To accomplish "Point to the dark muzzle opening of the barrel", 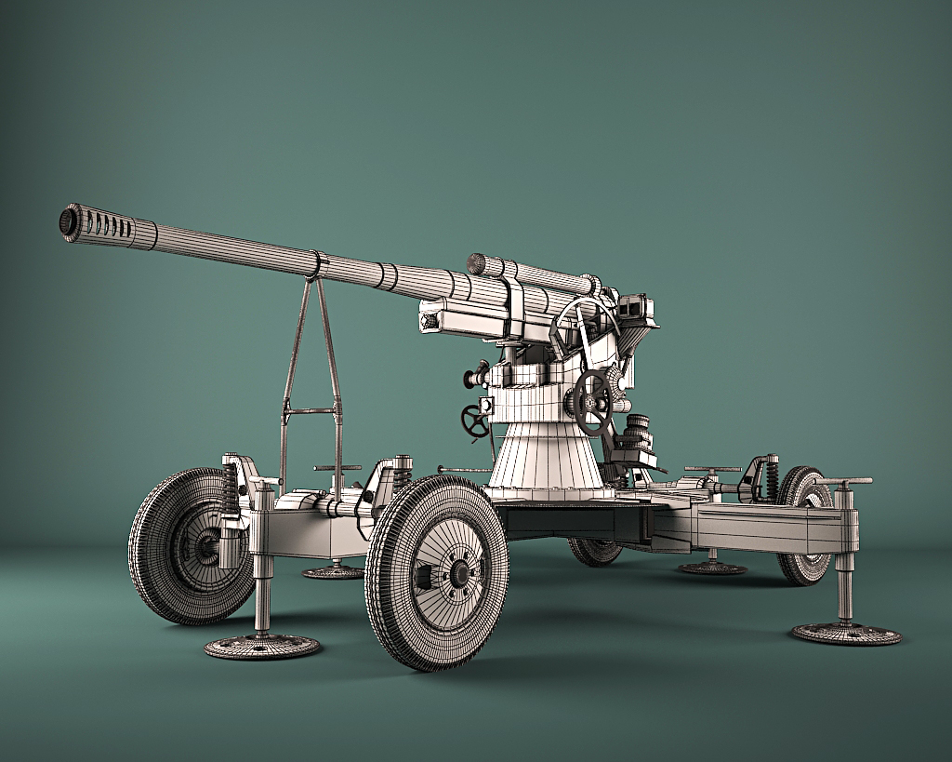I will tap(67, 221).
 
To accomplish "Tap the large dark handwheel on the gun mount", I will tap(591, 402).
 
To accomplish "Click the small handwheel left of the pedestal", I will tap(475, 421).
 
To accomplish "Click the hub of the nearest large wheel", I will tap(458, 573).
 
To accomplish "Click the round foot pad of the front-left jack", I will tap(262, 646).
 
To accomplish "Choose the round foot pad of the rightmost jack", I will tap(846, 634).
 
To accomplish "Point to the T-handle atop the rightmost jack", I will tap(843, 482).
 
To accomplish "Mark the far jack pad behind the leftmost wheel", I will tap(334, 571).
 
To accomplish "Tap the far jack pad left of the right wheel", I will tap(711, 567).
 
